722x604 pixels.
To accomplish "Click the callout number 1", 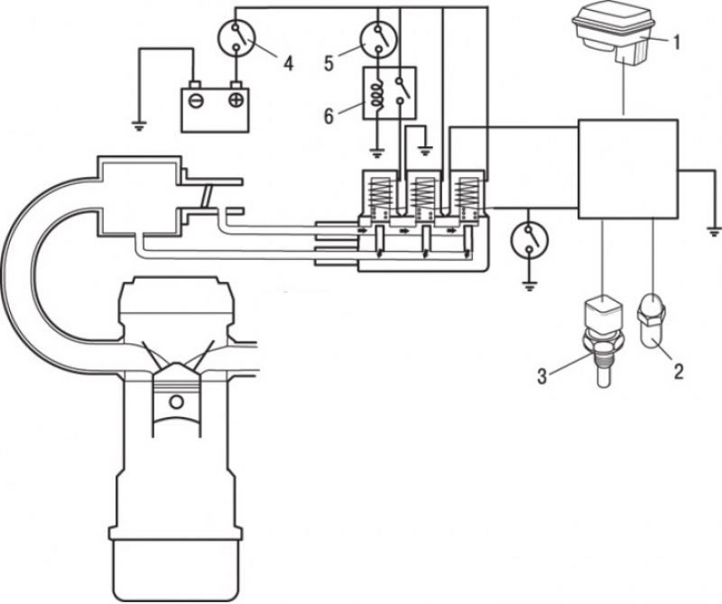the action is (675, 43).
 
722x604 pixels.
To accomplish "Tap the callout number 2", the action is (679, 371).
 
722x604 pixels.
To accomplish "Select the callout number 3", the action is (542, 376).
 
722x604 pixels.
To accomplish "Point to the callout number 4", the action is (288, 63).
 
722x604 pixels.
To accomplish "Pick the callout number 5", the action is (329, 63).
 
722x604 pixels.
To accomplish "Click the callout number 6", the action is (329, 116).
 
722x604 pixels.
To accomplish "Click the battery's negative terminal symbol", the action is (196, 100).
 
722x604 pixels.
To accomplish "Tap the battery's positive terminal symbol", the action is (236, 100).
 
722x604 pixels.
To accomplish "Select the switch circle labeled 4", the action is (236, 38).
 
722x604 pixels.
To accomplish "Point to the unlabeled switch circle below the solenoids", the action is (530, 239).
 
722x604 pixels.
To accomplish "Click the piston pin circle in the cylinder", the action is (176, 402).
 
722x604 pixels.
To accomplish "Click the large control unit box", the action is (628, 169).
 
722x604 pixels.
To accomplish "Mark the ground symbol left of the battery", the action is (139, 125).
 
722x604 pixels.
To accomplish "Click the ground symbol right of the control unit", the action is (714, 231).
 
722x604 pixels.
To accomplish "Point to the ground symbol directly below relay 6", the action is (377, 152).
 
